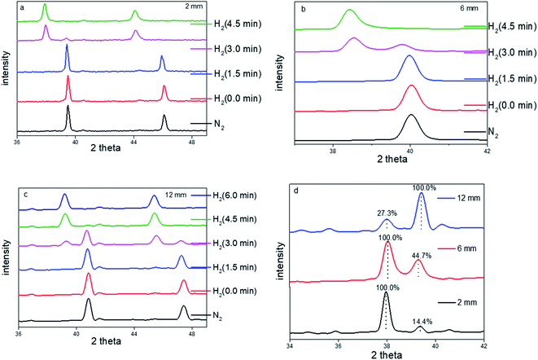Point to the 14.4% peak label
tap(420, 318)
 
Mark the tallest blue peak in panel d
tap(421, 194)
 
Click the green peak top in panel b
tap(350, 11)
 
